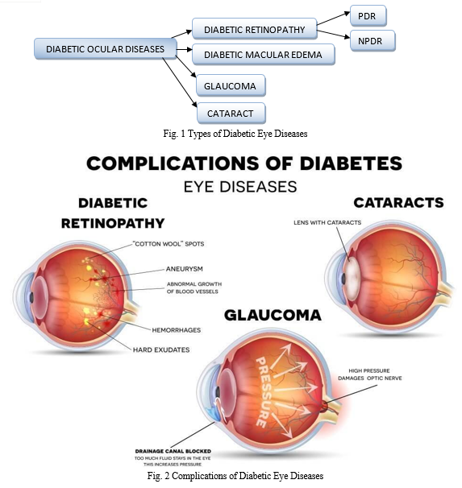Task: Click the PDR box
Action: click(x=368, y=16)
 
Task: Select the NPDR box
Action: click(x=373, y=41)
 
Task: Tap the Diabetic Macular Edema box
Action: click(x=264, y=55)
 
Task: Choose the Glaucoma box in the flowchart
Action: click(x=231, y=85)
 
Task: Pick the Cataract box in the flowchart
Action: click(x=231, y=114)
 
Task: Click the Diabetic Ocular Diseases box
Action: click(x=106, y=49)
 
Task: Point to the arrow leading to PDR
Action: click(x=333, y=19)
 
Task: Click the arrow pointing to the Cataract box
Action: click(x=180, y=82)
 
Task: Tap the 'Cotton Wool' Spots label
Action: click(x=169, y=244)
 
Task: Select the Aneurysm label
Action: click(x=184, y=269)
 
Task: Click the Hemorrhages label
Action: click(x=177, y=330)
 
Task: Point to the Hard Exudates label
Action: click(x=161, y=349)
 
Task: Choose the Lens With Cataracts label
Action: click(x=327, y=222)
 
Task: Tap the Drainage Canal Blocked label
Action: click(x=173, y=451)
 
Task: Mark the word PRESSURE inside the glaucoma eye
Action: click(x=264, y=392)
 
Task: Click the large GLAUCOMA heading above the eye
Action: click(x=273, y=316)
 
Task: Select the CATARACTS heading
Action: click(x=398, y=203)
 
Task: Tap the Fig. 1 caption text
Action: click(x=235, y=134)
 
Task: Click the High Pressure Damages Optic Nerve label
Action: click(x=370, y=374)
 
